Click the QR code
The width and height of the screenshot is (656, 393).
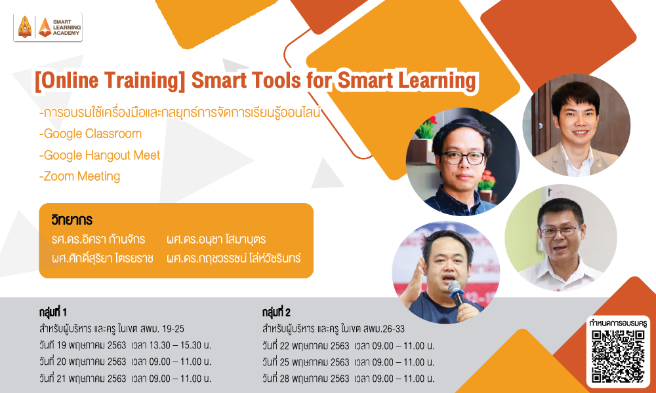click(618, 356)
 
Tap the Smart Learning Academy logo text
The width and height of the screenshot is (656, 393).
click(66, 28)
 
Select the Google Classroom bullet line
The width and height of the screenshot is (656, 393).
click(91, 134)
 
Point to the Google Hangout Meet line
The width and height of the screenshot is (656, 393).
click(100, 155)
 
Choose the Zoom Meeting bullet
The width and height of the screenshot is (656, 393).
click(79, 176)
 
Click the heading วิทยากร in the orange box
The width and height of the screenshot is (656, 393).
click(72, 219)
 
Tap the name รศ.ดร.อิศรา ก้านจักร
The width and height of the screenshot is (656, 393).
click(98, 239)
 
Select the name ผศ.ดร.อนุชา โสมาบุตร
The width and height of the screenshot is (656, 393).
click(216, 239)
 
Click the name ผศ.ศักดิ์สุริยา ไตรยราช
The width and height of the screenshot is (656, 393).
click(102, 258)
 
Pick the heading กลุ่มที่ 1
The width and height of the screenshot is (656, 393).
click(52, 312)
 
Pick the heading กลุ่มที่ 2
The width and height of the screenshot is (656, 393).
click(276, 312)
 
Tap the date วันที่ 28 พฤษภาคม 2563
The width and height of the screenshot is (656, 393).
click(306, 379)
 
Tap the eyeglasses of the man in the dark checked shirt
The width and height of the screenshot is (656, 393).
click(462, 158)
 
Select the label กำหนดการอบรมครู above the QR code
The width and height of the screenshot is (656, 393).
click(618, 324)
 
